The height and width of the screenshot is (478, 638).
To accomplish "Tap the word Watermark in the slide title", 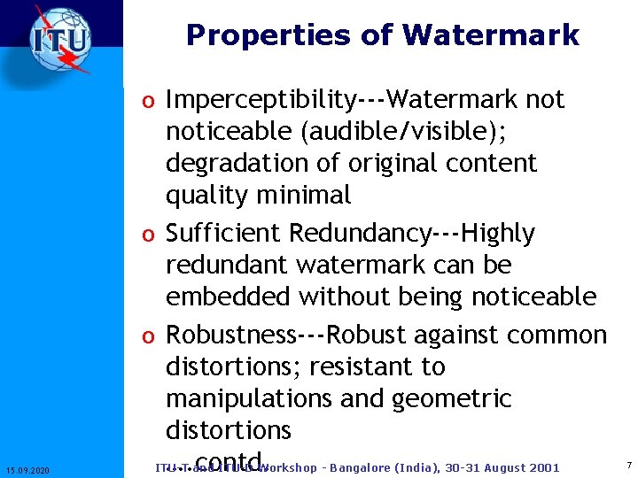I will coord(490,35).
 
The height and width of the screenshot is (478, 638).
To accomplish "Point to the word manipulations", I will coord(249,398).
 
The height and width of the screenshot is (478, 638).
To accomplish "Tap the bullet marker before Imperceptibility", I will coord(153,102).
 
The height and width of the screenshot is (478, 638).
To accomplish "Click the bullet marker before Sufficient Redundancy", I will coord(153,235).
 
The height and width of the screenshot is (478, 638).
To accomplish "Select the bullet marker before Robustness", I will coord(153,336).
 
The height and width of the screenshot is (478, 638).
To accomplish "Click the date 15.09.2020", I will coord(27,469).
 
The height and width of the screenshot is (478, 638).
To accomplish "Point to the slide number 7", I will coord(628,465).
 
